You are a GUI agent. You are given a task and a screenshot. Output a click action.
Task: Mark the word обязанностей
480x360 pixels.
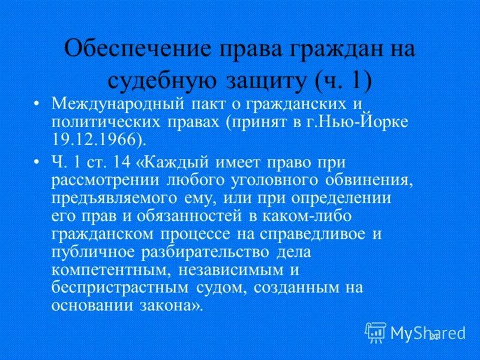(175, 214)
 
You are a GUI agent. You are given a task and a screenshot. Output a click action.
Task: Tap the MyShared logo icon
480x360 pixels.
(376, 332)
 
